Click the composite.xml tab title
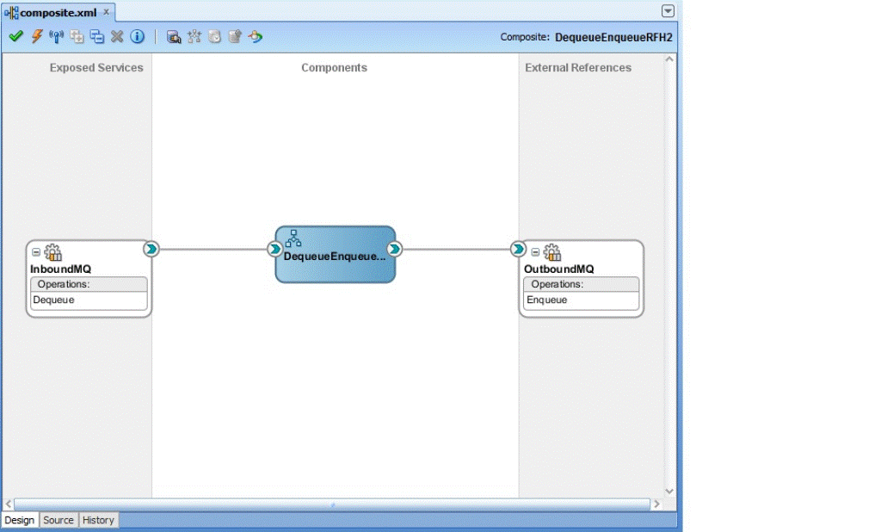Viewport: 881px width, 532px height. pyautogui.click(x=58, y=12)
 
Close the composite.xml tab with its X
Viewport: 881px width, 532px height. pyautogui.click(x=106, y=12)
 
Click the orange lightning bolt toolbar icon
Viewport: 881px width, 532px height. pyautogui.click(x=36, y=36)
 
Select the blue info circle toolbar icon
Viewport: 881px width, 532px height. pyautogui.click(x=137, y=36)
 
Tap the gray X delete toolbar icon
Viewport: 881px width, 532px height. pyautogui.click(x=117, y=36)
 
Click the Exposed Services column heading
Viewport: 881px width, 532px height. pyautogui.click(x=96, y=67)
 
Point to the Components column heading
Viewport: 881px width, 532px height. pyautogui.click(x=335, y=67)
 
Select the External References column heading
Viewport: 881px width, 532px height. pyautogui.click(x=578, y=67)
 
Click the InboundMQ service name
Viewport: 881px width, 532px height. pyautogui.click(x=61, y=269)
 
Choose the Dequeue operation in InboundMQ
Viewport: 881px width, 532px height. pyautogui.click(x=53, y=300)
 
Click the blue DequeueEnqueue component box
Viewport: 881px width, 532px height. pyautogui.click(x=336, y=254)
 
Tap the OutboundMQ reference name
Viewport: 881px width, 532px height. pyautogui.click(x=558, y=269)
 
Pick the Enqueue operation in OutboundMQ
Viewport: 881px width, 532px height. pyautogui.click(x=546, y=300)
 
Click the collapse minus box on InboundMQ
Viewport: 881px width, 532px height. pyautogui.click(x=36, y=252)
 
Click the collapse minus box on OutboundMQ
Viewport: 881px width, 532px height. pyautogui.click(x=535, y=252)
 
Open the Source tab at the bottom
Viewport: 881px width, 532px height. pyautogui.click(x=59, y=520)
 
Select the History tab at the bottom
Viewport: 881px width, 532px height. pyautogui.click(x=98, y=520)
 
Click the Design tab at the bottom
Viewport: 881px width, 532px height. pyautogui.click(x=20, y=520)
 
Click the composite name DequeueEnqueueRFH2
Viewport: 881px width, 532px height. pyautogui.click(x=613, y=37)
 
